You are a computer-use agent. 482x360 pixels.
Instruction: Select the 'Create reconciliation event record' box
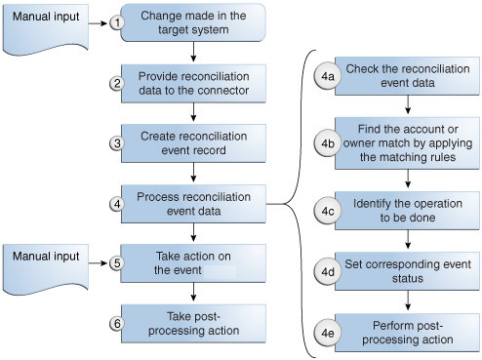pos(194,143)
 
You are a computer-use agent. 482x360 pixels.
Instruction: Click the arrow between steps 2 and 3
pos(195,114)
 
